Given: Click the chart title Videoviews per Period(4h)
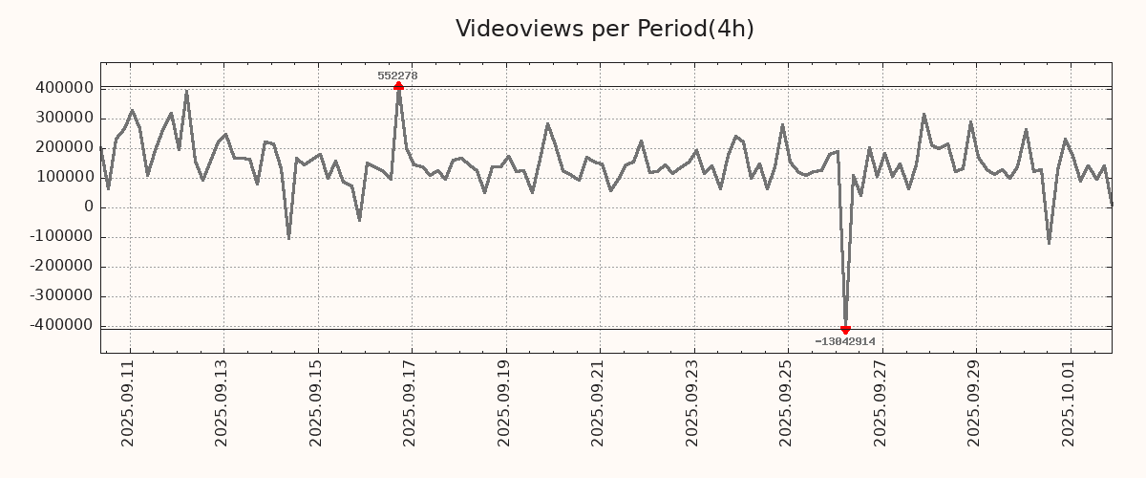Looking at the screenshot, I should click(x=605, y=29).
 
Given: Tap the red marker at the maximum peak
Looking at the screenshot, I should click(x=398, y=86).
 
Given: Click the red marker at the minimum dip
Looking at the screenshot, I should click(x=845, y=330).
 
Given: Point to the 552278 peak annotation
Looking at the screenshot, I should click(x=397, y=76).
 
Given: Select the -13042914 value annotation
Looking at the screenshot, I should click(x=845, y=341).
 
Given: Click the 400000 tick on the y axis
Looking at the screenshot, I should click(x=63, y=88).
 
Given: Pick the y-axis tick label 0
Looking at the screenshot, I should click(x=89, y=206).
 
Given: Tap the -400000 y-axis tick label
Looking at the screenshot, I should click(x=60, y=325).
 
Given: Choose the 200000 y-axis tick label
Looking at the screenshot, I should click(x=63, y=147).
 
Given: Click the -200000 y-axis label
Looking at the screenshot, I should click(x=60, y=266).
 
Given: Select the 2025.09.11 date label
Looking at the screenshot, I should click(x=129, y=402).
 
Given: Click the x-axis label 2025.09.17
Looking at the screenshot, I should click(x=412, y=402).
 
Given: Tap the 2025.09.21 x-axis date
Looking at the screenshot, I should click(x=600, y=402).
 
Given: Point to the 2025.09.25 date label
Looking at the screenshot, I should click(x=788, y=402).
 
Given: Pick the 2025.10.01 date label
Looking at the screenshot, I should click(x=1070, y=402).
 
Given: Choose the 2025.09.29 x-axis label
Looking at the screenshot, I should click(x=976, y=402).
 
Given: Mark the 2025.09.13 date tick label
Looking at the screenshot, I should click(x=223, y=402).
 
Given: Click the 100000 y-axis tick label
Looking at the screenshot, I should click(x=63, y=177).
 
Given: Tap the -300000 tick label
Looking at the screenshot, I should click(x=60, y=295).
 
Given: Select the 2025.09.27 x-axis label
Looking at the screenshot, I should click(x=881, y=402).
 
